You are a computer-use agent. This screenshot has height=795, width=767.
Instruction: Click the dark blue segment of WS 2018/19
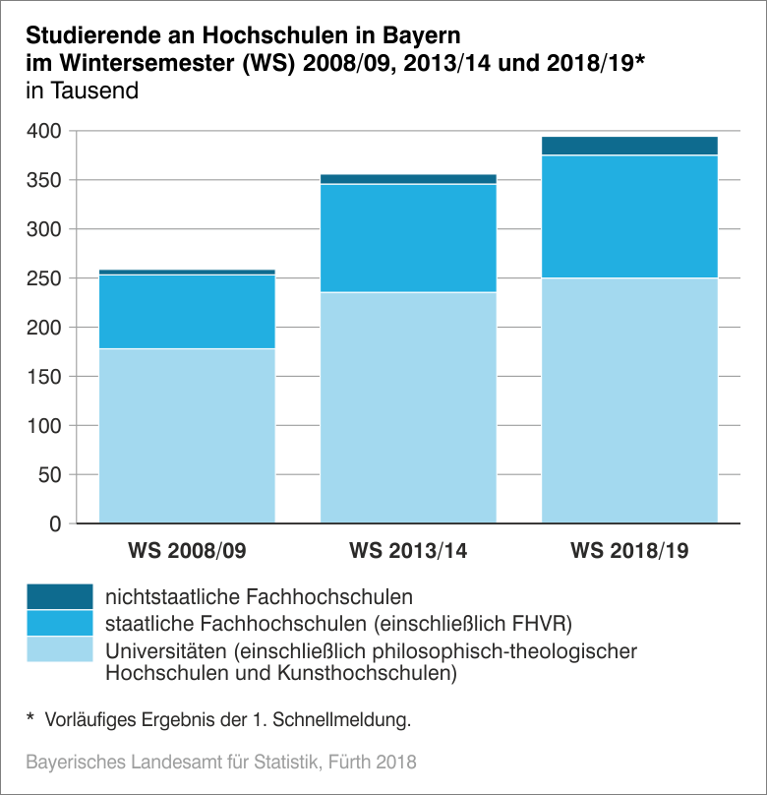[629, 146]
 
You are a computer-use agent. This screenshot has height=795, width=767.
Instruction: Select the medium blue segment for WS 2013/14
[408, 238]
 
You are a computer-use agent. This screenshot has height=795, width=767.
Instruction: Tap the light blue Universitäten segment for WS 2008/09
[187, 435]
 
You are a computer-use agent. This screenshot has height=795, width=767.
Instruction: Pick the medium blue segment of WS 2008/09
[187, 311]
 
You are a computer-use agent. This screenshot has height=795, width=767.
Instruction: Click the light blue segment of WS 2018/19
[629, 400]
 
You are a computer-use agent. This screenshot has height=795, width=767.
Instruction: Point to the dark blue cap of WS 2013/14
[408, 179]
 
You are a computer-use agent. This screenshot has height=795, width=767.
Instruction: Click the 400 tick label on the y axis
[45, 131]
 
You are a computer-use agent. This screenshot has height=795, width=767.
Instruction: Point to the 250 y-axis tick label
[45, 278]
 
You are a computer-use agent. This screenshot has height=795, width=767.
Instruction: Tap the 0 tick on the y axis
[55, 524]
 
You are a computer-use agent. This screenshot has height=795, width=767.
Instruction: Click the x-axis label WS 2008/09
[187, 550]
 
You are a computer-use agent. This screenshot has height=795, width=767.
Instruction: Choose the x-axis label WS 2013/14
[408, 550]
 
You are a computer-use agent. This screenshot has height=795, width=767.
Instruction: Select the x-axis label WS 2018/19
[629, 550]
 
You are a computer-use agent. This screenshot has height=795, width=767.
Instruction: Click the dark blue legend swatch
[59, 596]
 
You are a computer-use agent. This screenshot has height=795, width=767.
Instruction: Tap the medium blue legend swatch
[59, 623]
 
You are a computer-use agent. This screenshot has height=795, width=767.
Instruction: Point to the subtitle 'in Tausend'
[82, 92]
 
